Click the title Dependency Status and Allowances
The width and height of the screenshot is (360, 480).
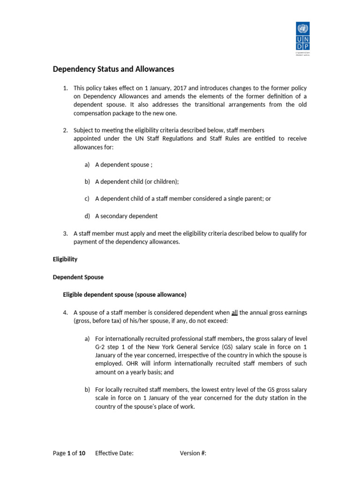pyautogui.click(x=113, y=69)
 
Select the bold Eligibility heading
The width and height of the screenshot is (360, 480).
pyautogui.click(x=65, y=259)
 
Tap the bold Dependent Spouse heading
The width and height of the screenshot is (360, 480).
pyautogui.click(x=78, y=277)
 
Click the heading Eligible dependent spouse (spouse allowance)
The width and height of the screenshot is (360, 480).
pyautogui.click(x=125, y=294)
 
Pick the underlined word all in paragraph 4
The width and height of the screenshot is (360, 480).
pyautogui.click(x=235, y=313)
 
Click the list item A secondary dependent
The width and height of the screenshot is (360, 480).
pyautogui.click(x=126, y=216)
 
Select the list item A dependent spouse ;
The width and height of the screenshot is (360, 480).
pyautogui.click(x=124, y=165)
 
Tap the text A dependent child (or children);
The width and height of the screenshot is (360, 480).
pyautogui.click(x=137, y=181)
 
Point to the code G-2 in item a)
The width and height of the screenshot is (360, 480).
pyautogui.click(x=102, y=347)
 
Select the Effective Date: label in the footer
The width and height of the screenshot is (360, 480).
pyautogui.click(x=114, y=453)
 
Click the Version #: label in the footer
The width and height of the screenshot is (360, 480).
pyautogui.click(x=193, y=453)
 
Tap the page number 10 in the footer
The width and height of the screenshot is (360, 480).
pyautogui.click(x=82, y=453)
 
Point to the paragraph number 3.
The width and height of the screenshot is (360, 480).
pyautogui.click(x=66, y=233)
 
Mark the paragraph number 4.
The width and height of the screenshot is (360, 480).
pyautogui.click(x=66, y=313)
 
